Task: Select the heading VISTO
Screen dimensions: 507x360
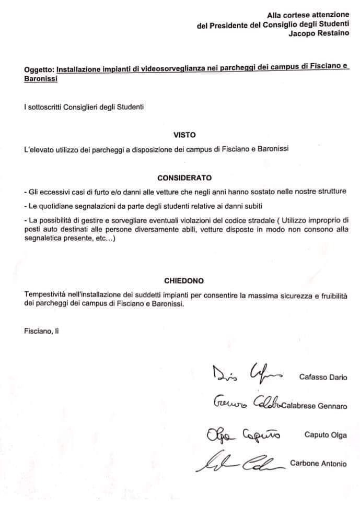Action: [184, 134]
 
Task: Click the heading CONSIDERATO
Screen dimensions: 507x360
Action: [184, 177]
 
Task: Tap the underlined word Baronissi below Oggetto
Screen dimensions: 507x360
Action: [41, 78]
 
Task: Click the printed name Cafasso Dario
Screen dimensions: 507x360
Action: [323, 376]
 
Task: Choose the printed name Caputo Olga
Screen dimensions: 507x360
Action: [326, 434]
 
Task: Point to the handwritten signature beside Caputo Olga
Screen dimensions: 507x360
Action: [240, 433]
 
